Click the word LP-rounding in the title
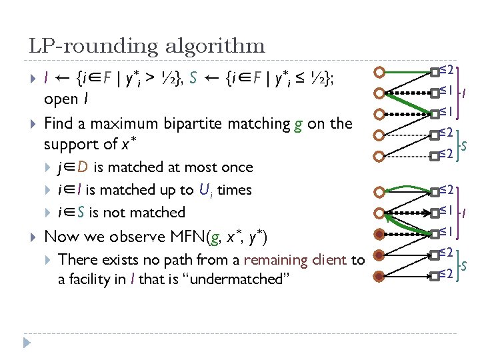(83, 46)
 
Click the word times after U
(234, 190)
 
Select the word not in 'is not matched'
(114, 213)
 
